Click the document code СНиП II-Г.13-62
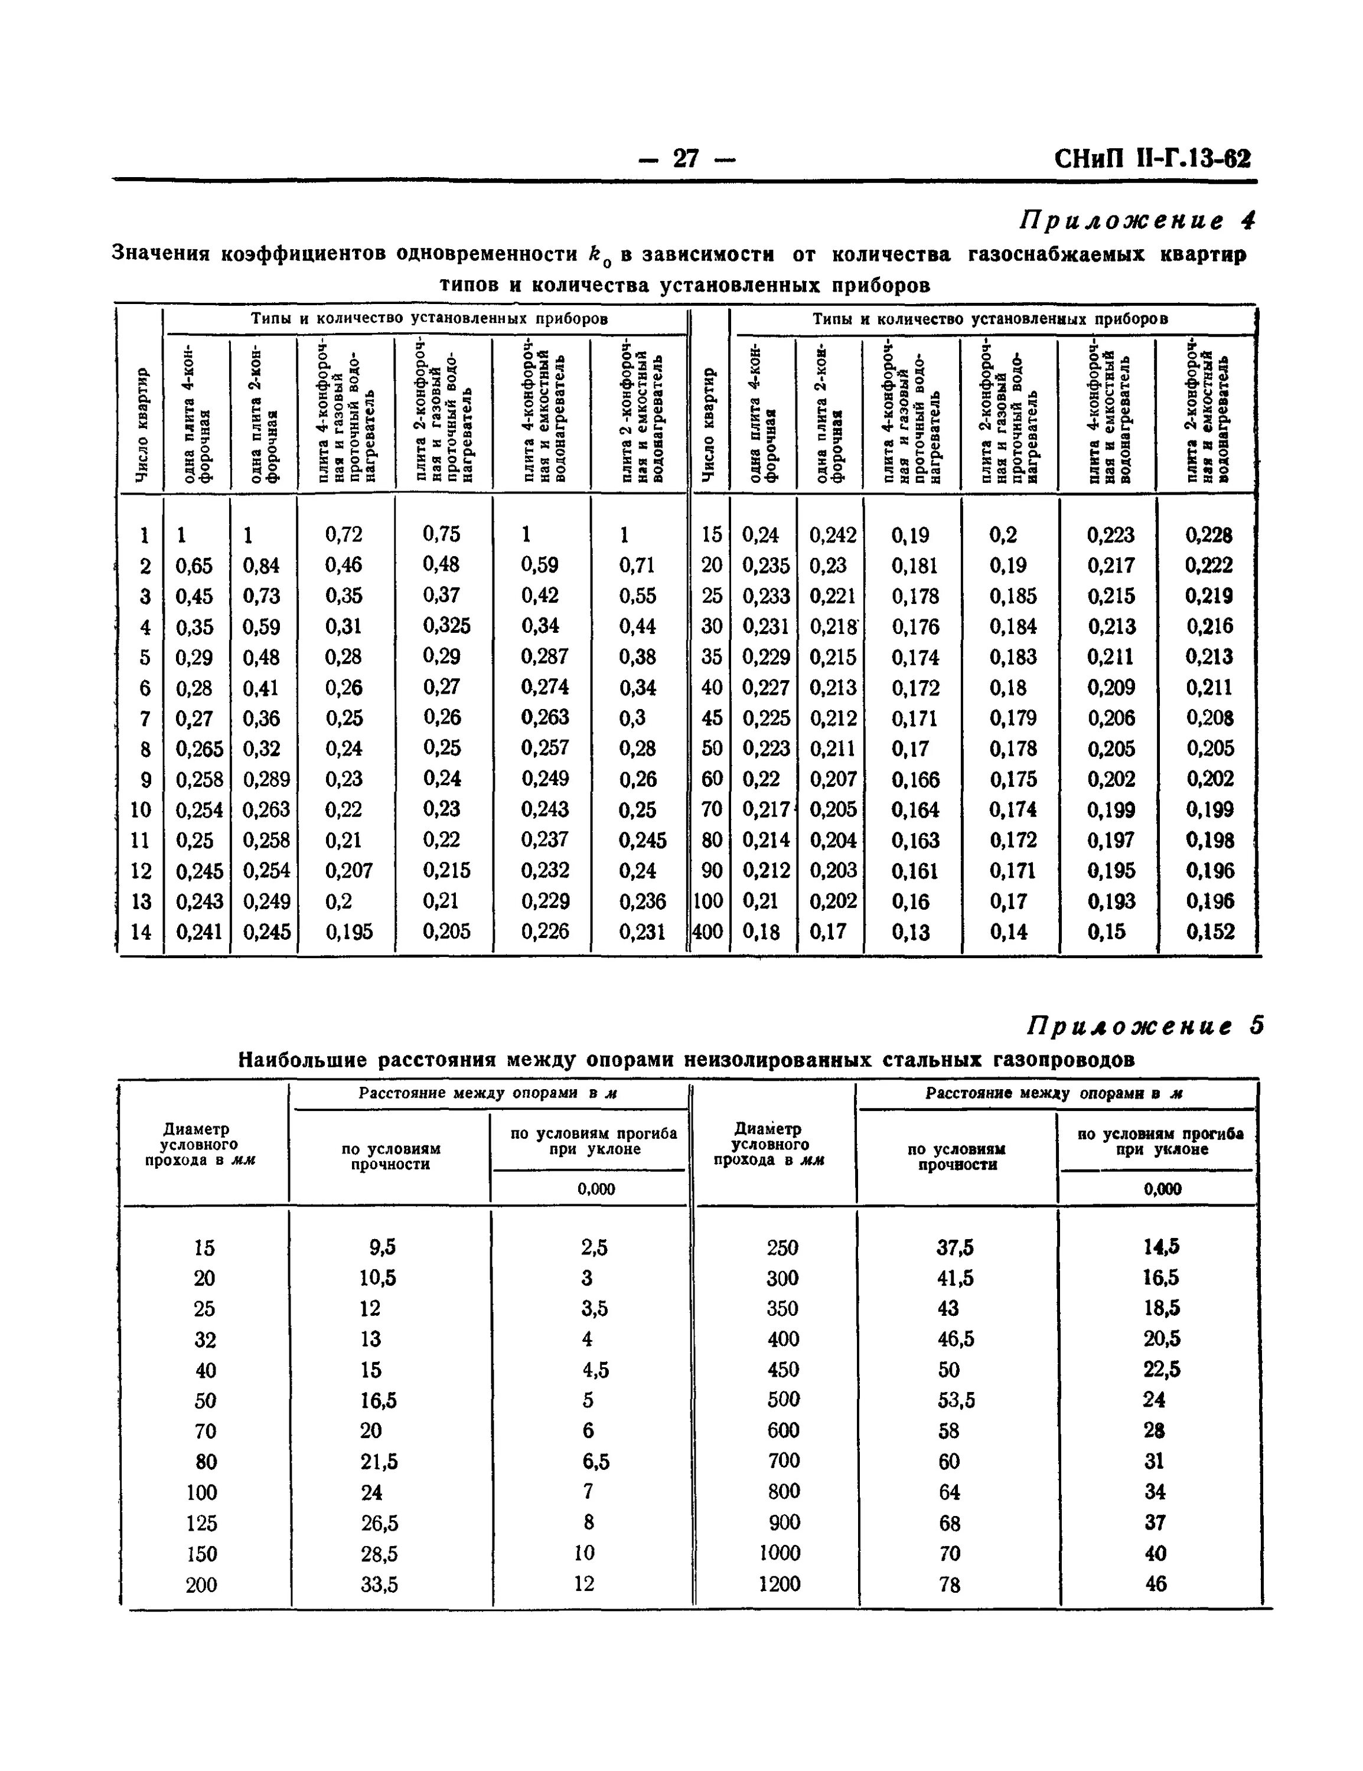click(1152, 158)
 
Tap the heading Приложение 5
click(1144, 1026)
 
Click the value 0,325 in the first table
click(446, 625)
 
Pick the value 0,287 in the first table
click(544, 656)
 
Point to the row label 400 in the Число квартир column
click(707, 932)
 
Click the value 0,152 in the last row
click(1209, 932)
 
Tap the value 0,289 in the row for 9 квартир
click(266, 779)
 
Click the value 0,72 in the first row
click(343, 534)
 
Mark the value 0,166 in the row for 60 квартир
click(915, 779)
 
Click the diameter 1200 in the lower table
click(779, 1584)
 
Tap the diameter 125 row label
click(201, 1523)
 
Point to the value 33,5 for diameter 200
click(379, 1584)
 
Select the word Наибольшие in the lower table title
click(300, 1060)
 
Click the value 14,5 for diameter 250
click(1161, 1246)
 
